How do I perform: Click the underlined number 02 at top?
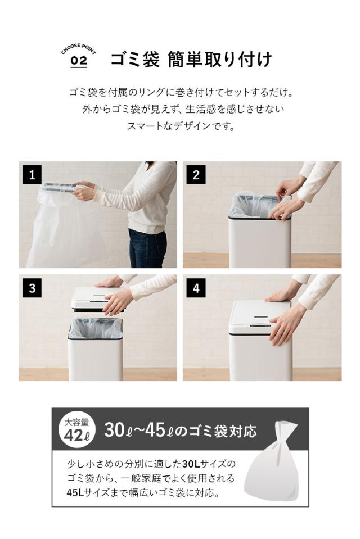coord(79,61)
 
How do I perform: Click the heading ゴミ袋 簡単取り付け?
coord(191,59)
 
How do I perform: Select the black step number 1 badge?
coord(32,175)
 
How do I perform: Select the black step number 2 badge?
coord(196,175)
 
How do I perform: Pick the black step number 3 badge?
coord(32,288)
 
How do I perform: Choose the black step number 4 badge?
coord(196,288)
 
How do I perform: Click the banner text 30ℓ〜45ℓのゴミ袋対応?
coord(180,431)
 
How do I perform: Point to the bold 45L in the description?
coord(76,492)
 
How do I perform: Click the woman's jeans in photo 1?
coord(147,247)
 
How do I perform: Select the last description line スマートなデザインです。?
coord(181,126)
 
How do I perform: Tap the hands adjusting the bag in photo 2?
coord(287,200)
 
